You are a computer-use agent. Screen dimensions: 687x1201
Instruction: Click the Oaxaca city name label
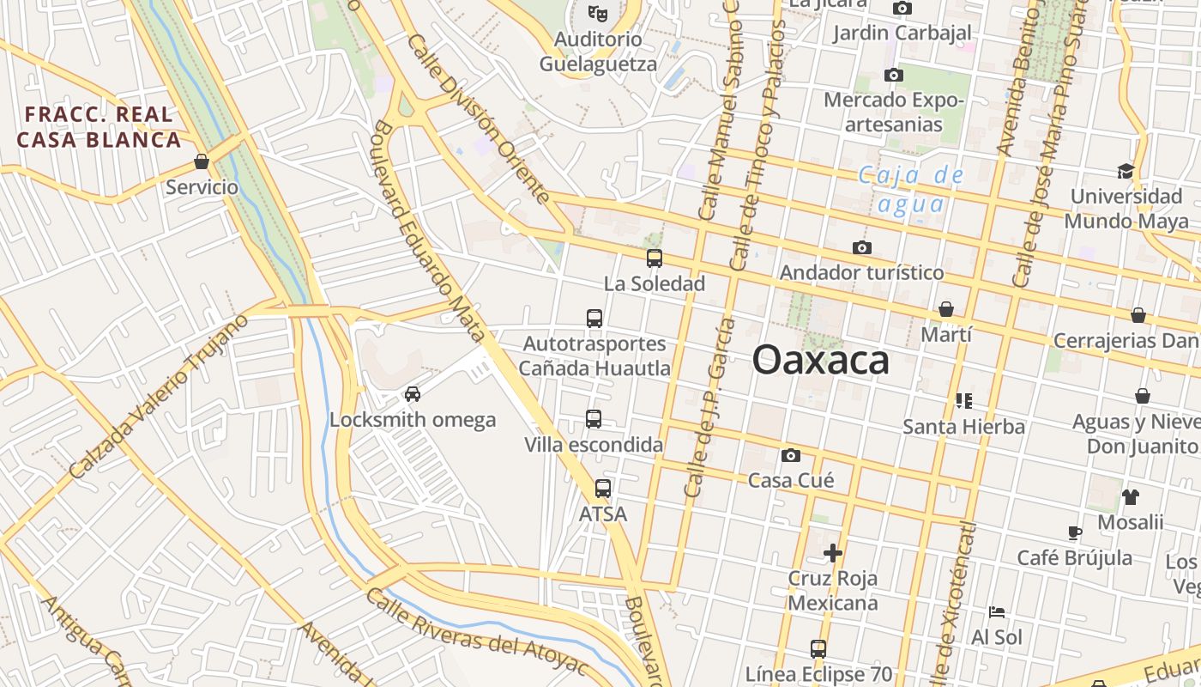pyautogui.click(x=820, y=361)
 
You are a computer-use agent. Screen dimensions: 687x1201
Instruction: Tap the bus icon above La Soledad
pyautogui.click(x=655, y=258)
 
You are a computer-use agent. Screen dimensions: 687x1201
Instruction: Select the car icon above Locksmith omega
pyautogui.click(x=413, y=394)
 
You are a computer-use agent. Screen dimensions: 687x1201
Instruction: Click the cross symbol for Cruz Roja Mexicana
pyautogui.click(x=832, y=553)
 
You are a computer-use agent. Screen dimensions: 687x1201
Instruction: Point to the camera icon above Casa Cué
pyautogui.click(x=790, y=455)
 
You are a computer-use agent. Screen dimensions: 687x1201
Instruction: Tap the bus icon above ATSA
pyautogui.click(x=603, y=489)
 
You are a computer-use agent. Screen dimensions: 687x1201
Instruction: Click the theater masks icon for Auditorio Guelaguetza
pyautogui.click(x=598, y=14)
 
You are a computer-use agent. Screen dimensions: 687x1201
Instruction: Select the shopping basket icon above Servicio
pyautogui.click(x=202, y=161)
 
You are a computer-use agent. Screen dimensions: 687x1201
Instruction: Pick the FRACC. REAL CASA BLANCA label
pyautogui.click(x=100, y=127)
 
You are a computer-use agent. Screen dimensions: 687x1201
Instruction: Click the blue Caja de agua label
pyautogui.click(x=911, y=190)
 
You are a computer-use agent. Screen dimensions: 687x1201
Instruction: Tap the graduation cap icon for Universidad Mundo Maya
pyautogui.click(x=1126, y=171)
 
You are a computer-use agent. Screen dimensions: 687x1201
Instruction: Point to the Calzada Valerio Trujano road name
pyautogui.click(x=159, y=397)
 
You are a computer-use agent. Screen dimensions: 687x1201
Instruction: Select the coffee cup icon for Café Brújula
pyautogui.click(x=1075, y=532)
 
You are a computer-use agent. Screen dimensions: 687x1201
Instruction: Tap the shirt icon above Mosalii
pyautogui.click(x=1130, y=496)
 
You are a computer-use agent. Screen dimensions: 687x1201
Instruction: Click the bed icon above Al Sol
pyautogui.click(x=997, y=612)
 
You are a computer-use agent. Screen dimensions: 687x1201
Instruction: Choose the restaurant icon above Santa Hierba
pyautogui.click(x=963, y=400)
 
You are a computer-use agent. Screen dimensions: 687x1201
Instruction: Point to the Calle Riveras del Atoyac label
pyautogui.click(x=477, y=632)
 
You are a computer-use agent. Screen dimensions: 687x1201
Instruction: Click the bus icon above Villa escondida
pyautogui.click(x=594, y=419)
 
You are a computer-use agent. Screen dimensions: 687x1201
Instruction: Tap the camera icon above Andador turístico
pyautogui.click(x=862, y=248)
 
